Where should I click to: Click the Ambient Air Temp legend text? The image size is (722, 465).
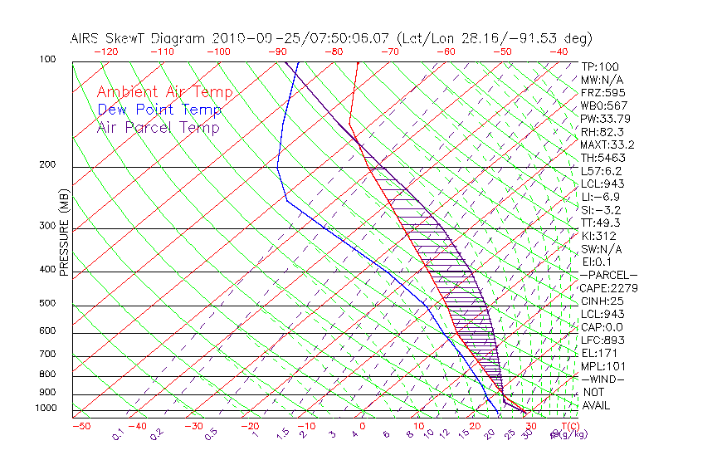[164, 92]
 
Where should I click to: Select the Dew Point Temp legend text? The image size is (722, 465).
[159, 110]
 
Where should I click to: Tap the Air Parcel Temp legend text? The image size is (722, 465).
[159, 127]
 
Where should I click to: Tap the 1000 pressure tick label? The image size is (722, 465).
[46, 408]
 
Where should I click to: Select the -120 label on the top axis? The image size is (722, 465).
[105, 51]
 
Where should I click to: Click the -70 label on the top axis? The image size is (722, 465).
[388, 51]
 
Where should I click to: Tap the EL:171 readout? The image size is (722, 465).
[595, 353]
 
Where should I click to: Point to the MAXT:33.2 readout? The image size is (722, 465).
[606, 144]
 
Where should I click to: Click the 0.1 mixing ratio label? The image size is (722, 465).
[118, 433]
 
